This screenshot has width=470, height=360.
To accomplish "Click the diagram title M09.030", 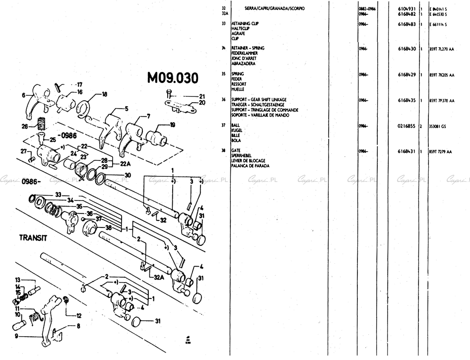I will (173, 78).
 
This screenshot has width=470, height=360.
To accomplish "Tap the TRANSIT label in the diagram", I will (33, 237).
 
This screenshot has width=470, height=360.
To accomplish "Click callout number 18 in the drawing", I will (104, 94).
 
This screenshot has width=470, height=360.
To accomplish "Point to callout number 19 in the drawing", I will (172, 125).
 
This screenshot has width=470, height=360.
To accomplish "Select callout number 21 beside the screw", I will (202, 96).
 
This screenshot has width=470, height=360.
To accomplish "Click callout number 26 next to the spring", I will (25, 126).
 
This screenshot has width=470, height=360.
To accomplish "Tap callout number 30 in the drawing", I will (128, 175).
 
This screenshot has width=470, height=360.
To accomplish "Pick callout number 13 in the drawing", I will (18, 280).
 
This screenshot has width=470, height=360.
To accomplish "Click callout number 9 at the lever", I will (16, 336).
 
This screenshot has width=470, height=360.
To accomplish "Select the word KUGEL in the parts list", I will (236, 131).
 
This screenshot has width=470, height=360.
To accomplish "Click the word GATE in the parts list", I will (236, 150).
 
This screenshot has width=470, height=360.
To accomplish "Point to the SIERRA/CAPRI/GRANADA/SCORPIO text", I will (274, 8).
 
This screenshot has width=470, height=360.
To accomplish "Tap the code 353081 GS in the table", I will (437, 126).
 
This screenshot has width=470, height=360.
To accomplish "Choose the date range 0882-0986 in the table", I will (367, 8).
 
